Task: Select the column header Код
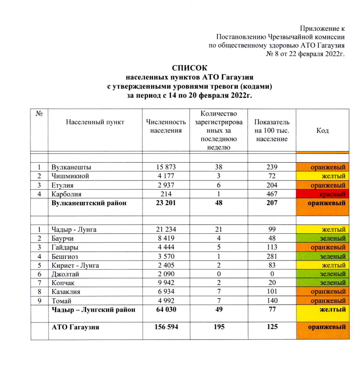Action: (x=323, y=131)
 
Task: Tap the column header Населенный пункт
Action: (x=95, y=122)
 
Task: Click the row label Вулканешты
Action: (x=71, y=167)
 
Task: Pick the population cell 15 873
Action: (x=166, y=167)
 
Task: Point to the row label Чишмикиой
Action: (x=70, y=176)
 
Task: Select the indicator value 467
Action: (x=272, y=194)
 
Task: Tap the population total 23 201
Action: (x=166, y=203)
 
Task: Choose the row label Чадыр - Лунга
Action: (x=74, y=230)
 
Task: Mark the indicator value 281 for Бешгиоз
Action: (x=272, y=256)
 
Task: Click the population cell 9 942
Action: (x=166, y=283)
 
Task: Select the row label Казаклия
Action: (x=66, y=292)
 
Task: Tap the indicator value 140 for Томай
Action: (x=272, y=301)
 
